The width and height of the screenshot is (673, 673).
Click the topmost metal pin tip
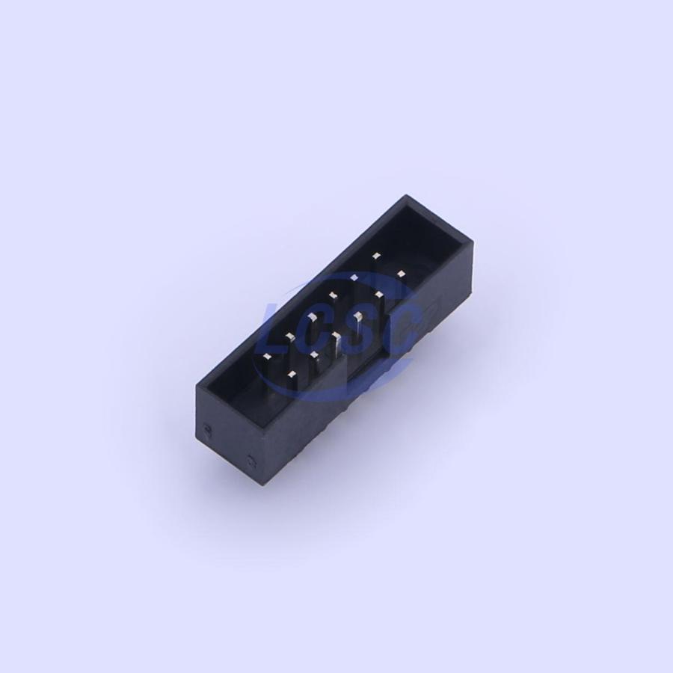click(x=377, y=256)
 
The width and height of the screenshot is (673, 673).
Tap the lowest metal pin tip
click(x=292, y=375)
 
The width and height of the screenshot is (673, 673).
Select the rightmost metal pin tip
click(x=401, y=274)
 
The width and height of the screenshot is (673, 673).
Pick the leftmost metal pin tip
click(x=267, y=356)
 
